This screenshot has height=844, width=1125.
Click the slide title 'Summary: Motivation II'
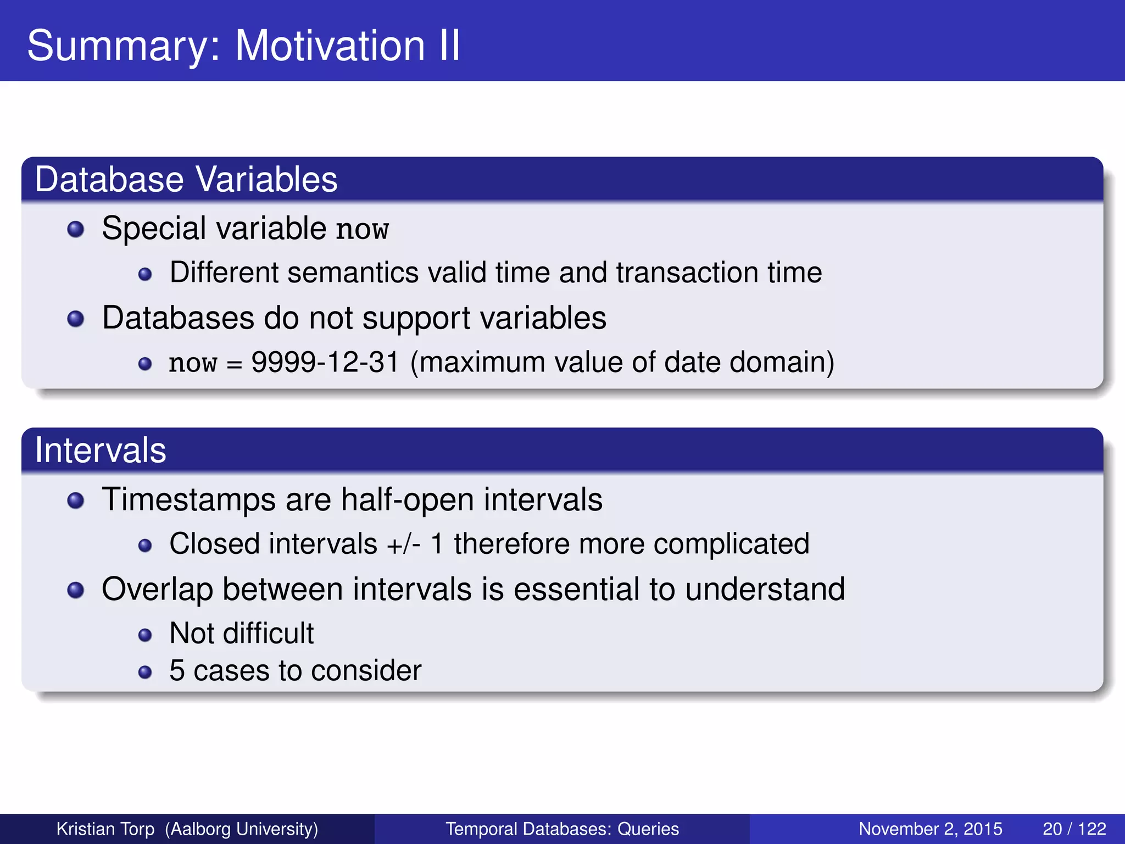243,45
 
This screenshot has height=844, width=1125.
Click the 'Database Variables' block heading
186,180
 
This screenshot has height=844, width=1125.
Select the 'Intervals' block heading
100,451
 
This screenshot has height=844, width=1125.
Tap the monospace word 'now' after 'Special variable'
362,229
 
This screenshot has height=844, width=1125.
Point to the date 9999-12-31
325,362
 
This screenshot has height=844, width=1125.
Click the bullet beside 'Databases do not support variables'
75,319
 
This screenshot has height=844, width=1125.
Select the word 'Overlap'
157,589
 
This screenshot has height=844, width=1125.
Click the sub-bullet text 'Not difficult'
241,633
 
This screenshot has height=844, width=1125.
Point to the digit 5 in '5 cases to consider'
177,671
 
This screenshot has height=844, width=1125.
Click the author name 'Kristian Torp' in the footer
105,829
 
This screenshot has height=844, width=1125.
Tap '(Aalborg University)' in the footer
242,829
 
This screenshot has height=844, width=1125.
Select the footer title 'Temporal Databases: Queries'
562,829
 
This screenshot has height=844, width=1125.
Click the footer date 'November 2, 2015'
930,829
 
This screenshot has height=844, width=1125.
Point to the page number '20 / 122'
1074,829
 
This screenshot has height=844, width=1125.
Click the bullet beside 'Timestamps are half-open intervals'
75,501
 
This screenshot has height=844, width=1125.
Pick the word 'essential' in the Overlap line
576,589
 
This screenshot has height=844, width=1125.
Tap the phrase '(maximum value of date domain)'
622,363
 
